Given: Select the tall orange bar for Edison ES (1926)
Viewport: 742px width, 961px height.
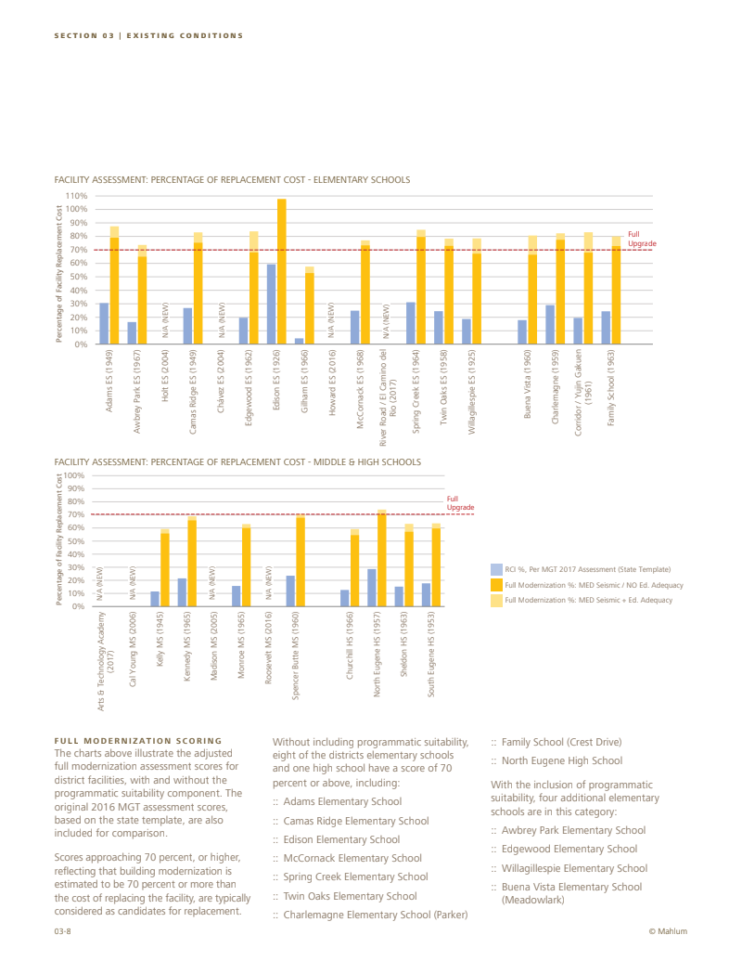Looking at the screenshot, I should point(281,271).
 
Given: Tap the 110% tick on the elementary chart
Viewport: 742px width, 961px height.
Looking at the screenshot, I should point(76,196).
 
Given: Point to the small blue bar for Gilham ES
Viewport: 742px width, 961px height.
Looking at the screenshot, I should point(299,341).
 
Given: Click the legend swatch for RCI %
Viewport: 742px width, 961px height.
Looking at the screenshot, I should point(496,569).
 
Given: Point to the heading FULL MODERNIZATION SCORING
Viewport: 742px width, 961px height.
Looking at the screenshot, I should point(138,740).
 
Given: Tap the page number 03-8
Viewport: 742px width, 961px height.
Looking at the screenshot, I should point(63,931).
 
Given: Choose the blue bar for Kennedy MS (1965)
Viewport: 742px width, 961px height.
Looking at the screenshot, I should point(182,591).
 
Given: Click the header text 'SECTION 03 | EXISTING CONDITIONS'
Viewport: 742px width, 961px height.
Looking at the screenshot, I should point(148,35).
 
